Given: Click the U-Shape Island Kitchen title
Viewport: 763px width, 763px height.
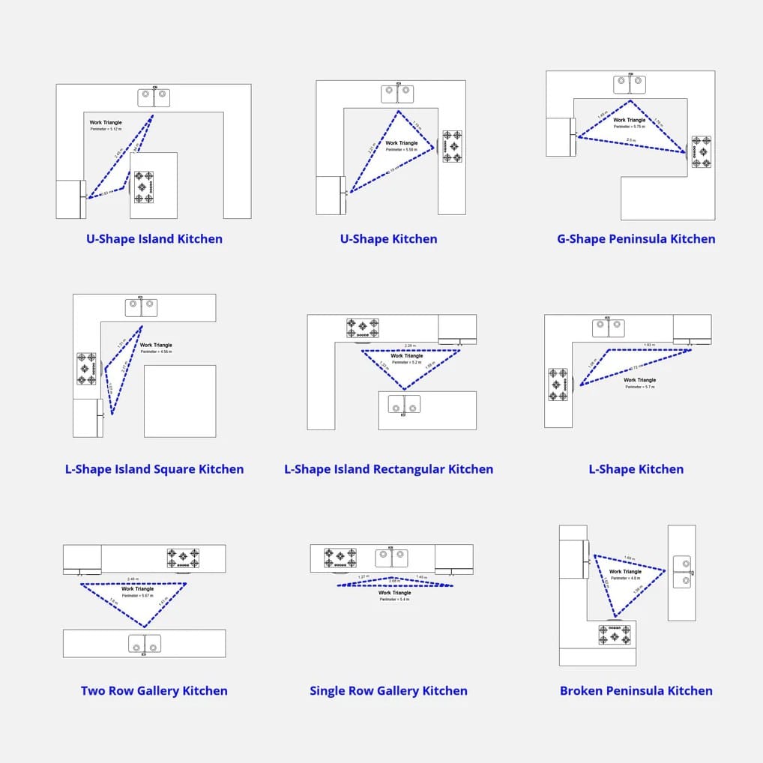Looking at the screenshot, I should (154, 239).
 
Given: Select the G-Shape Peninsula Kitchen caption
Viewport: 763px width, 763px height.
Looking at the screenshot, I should (636, 239).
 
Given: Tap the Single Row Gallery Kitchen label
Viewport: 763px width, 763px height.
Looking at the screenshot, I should (388, 691).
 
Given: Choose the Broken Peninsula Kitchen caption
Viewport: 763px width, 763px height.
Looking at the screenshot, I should (636, 691).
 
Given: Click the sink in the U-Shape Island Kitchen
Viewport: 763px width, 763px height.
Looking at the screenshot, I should (154, 97).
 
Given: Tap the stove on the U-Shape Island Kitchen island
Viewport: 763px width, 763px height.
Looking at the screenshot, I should (144, 187).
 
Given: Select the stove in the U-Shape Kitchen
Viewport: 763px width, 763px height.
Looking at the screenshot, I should (452, 147).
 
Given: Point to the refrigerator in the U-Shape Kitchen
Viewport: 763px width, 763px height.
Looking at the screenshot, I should (330, 196).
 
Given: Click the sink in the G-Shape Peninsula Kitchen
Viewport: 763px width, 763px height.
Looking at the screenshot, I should (630, 84).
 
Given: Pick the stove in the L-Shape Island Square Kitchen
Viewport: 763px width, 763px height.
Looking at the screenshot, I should (86, 369).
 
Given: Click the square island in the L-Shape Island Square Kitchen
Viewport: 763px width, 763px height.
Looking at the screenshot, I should (180, 401).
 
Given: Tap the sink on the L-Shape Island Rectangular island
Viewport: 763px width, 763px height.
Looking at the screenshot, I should (404, 405).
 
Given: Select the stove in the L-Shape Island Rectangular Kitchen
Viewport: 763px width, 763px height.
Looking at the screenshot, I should (362, 328).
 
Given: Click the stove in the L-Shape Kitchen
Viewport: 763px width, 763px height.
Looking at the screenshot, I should (558, 384).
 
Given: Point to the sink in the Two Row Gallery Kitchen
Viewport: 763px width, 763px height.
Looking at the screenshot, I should (145, 643).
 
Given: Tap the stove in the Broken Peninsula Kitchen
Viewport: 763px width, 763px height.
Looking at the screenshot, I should (615, 635).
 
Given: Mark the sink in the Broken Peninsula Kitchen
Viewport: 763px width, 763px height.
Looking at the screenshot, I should (682, 572).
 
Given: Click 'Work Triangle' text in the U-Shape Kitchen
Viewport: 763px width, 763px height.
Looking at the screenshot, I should (402, 143).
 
